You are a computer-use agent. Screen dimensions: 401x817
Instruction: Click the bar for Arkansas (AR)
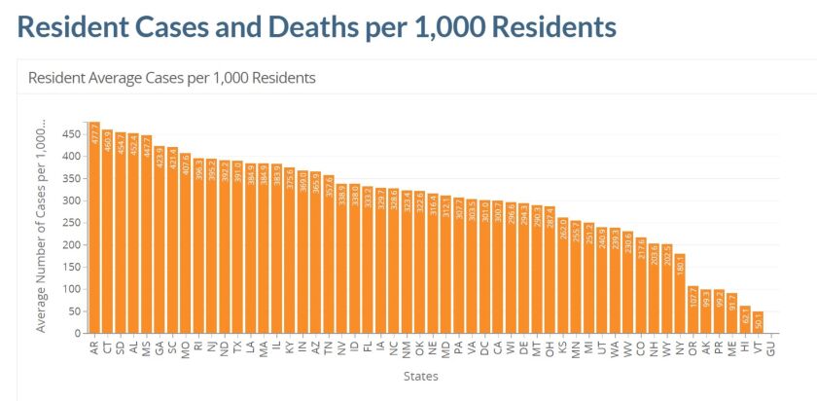coord(94,234)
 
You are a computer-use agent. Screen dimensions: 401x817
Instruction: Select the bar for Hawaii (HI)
coord(746,320)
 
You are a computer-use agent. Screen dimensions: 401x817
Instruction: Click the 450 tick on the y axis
coord(71,134)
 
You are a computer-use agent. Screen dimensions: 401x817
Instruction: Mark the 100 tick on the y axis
coord(71,289)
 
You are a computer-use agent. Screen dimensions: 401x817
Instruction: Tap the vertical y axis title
coord(42,230)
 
